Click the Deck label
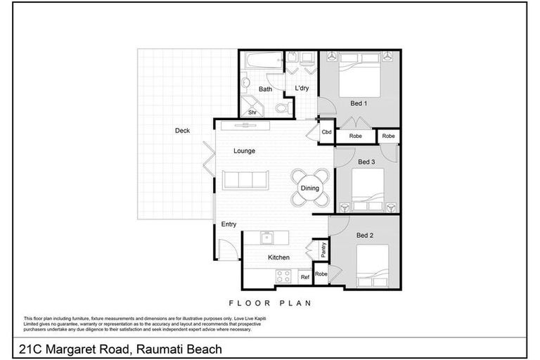pyautogui.click(x=182, y=130)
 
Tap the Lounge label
pyautogui.click(x=245, y=150)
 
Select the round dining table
pyautogui.click(x=310, y=188)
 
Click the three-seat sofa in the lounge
pyautogui.click(x=245, y=180)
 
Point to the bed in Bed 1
pyautogui.click(x=360, y=77)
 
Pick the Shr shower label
pyautogui.click(x=252, y=112)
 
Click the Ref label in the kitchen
pyautogui.click(x=304, y=278)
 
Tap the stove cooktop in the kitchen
pyautogui.click(x=283, y=276)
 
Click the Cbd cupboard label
pyautogui.click(x=326, y=132)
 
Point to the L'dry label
pyautogui.click(x=302, y=88)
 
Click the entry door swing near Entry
pyautogui.click(x=227, y=248)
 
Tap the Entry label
pyautogui.click(x=229, y=224)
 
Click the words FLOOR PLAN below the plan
pyautogui.click(x=269, y=303)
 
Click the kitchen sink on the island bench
pyautogui.click(x=267, y=237)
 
